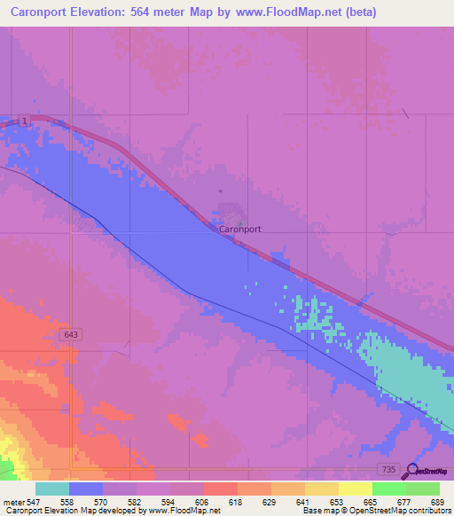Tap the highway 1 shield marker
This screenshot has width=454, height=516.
click(27, 120)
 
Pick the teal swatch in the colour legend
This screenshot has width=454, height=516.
click(52, 489)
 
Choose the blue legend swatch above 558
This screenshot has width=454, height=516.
click(86, 489)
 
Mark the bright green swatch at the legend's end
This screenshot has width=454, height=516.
click(422, 489)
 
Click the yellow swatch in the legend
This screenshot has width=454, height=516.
click(356, 489)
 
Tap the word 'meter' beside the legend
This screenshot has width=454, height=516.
click(12, 501)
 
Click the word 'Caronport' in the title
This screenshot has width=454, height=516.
click(37, 12)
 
